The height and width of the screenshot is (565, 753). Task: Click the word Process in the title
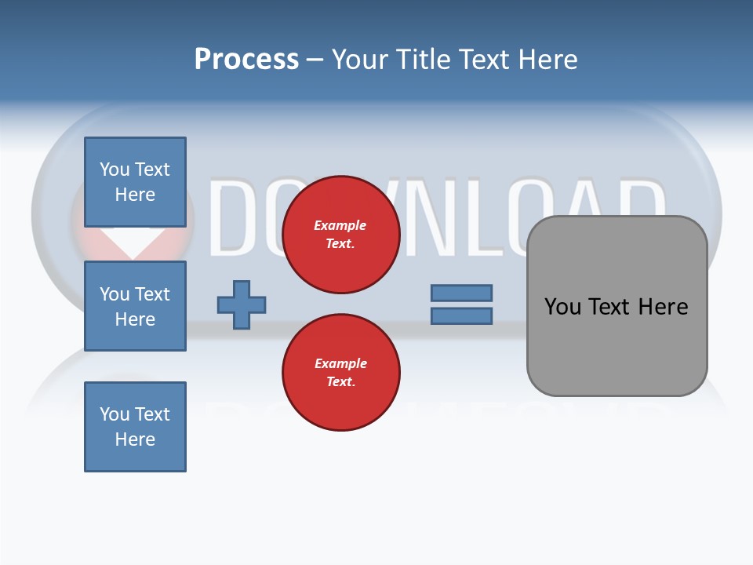coord(246,60)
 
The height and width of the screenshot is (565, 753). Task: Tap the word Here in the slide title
coord(548,60)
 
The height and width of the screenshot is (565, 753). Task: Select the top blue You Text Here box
coord(135,182)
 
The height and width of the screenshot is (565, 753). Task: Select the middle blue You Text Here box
coord(135,306)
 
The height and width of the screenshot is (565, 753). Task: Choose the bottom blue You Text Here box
coord(135,427)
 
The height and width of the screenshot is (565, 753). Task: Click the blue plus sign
coord(242,304)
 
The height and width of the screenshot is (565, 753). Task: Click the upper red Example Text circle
coord(340,235)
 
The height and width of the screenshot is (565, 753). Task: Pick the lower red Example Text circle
coord(340,373)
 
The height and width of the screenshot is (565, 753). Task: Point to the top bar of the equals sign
coord(461,293)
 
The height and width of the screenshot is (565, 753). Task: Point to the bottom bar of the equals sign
coord(461,315)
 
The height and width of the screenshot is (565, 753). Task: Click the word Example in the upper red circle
coord(340,225)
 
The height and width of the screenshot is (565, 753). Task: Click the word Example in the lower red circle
coord(340,363)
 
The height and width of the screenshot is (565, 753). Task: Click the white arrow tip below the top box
coord(134,250)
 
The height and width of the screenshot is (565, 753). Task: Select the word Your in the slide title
coord(360,60)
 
